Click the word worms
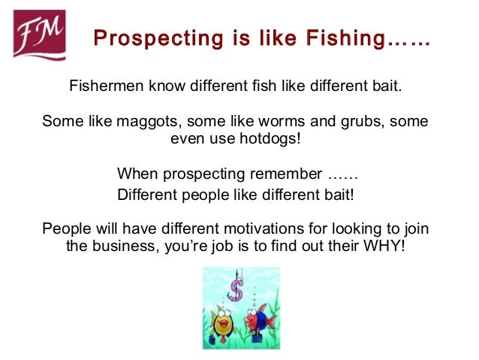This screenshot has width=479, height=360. (x=267, y=122)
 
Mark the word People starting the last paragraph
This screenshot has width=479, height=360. (x=65, y=228)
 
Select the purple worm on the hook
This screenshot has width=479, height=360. (x=236, y=290)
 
